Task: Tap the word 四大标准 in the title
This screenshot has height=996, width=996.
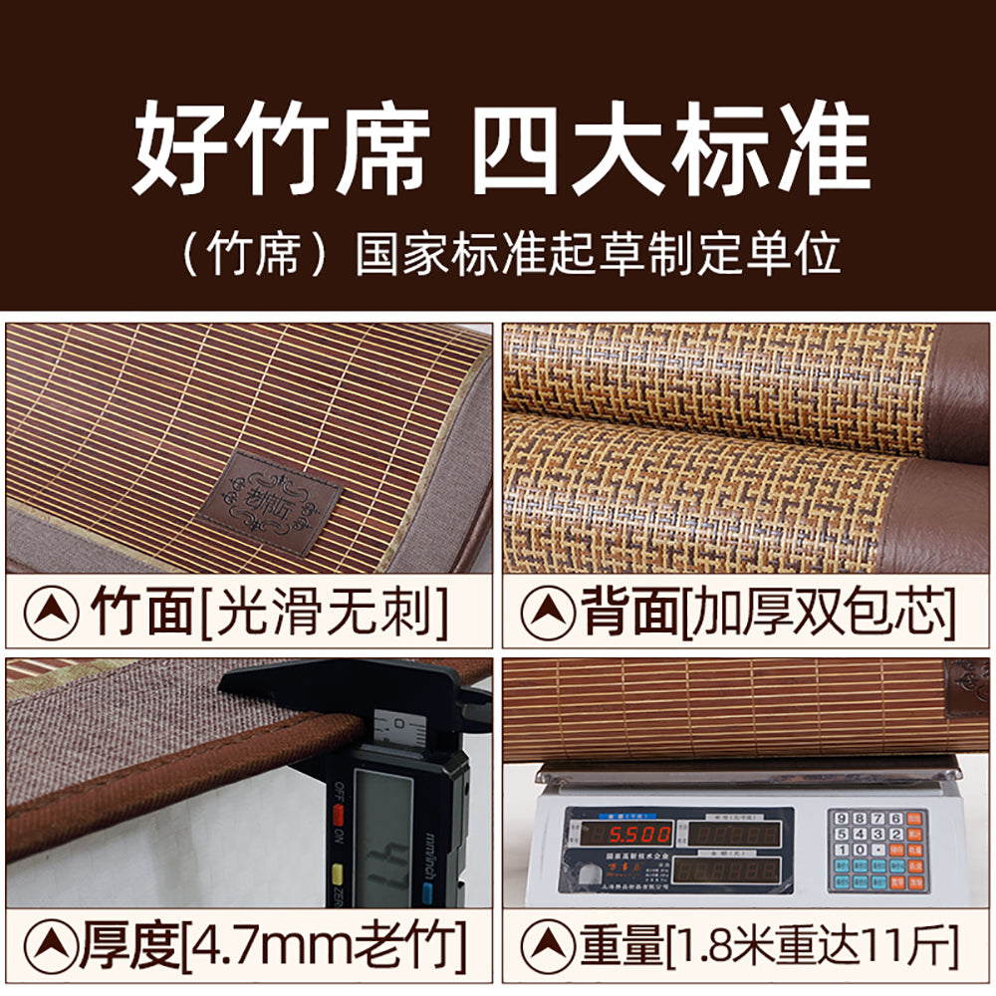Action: click(669, 149)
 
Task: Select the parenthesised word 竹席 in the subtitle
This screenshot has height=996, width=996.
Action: click(254, 256)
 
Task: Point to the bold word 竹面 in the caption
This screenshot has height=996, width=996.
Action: click(142, 611)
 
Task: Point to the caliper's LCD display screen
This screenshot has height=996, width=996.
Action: click(383, 832)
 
